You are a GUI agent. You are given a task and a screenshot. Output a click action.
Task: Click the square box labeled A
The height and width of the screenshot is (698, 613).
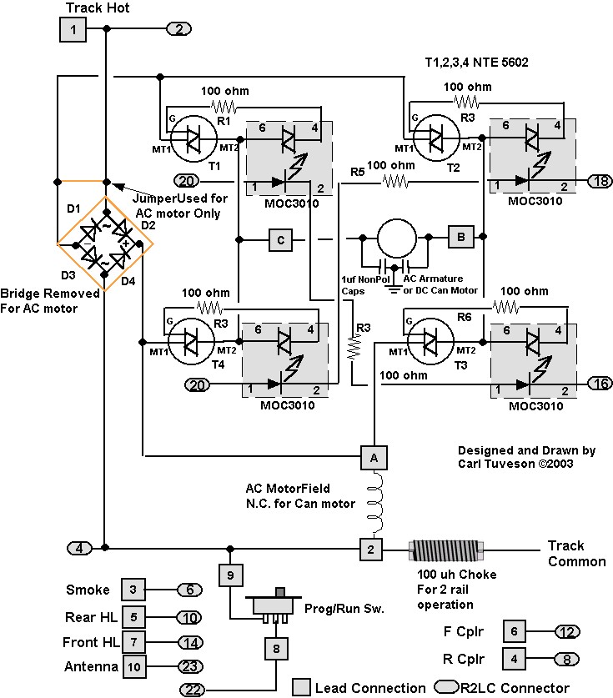373,456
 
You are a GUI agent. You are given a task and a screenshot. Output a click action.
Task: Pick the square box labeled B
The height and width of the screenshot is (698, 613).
460,236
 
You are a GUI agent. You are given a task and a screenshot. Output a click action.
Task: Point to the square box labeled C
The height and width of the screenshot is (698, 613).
280,241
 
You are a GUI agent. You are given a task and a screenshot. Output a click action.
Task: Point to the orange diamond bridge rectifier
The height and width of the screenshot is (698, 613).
105,244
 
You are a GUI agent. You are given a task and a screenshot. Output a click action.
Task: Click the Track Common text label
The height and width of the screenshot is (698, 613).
576,553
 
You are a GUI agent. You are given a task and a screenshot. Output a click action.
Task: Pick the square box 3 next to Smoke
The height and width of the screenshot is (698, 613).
133,590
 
